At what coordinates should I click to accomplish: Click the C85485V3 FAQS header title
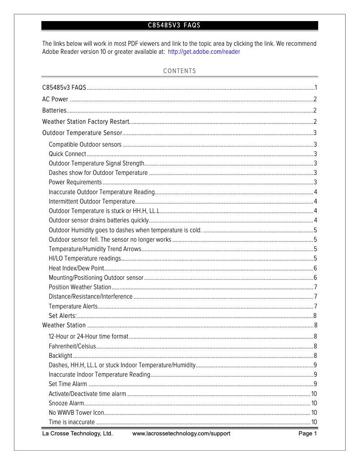(x=174, y=26)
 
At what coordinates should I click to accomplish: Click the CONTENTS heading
(x=180, y=71)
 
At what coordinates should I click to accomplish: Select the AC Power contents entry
(x=55, y=99)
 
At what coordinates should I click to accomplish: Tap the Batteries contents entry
(x=54, y=110)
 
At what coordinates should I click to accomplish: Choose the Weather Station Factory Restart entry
(x=86, y=122)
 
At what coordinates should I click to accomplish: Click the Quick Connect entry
(x=67, y=154)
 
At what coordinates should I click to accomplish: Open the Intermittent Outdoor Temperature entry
(x=92, y=201)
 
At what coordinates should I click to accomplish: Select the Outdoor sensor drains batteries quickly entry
(x=98, y=220)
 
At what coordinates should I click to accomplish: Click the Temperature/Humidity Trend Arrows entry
(x=95, y=249)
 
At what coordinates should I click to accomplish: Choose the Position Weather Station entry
(x=80, y=287)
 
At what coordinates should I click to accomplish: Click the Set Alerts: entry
(x=62, y=316)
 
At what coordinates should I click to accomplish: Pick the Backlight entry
(x=60, y=356)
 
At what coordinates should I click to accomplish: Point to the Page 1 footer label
(x=307, y=434)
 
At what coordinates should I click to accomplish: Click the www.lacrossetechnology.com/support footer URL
(x=181, y=434)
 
